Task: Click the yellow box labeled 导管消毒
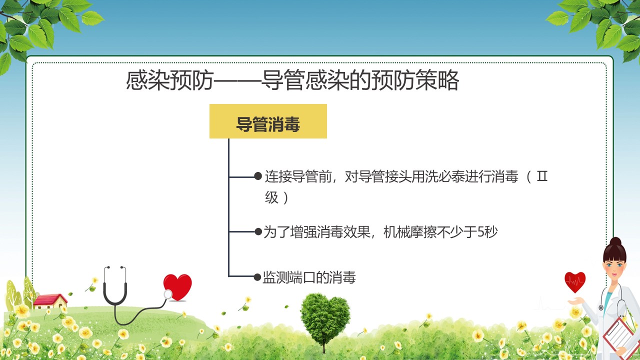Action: [268, 121]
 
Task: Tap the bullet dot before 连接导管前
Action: [258, 176]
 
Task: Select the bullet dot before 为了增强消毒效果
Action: [258, 231]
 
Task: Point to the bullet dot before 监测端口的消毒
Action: [257, 277]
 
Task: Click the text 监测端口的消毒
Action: [309, 277]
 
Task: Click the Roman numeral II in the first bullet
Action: [542, 176]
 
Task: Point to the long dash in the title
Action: [237, 81]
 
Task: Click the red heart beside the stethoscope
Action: [177, 287]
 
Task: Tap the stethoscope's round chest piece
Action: [167, 294]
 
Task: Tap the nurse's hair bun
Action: [615, 242]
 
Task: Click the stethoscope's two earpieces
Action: [115, 268]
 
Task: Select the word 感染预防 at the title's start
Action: [170, 80]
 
